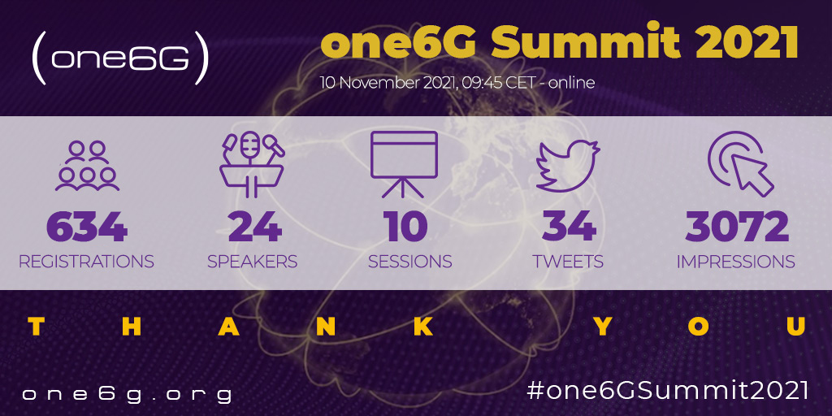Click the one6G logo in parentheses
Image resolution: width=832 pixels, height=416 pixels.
120,58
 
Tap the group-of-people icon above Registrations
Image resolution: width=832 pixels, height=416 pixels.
87,165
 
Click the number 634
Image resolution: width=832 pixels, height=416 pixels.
87,227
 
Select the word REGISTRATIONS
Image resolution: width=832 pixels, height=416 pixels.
86,262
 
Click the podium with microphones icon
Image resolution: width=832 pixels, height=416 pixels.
252,165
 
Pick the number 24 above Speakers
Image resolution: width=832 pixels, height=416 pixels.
254,227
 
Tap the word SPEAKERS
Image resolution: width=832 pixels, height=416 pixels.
252,262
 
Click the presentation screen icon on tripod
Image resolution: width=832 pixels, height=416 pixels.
405,164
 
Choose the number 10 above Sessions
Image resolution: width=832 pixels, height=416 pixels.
407,227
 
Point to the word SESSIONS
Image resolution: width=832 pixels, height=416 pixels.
409,262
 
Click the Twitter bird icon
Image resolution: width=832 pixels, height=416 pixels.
568,165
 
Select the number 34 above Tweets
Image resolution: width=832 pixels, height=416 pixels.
569,227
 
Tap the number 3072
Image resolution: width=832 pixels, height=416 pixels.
737,227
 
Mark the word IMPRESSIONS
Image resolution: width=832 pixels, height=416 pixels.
735,262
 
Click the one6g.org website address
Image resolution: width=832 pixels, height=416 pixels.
127,395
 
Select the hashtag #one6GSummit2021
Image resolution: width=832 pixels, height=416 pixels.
668,391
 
